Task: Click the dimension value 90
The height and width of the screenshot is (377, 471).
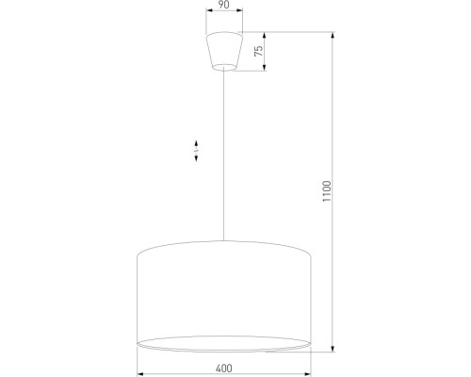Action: point(222,7)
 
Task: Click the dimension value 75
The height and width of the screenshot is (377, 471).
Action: point(257,51)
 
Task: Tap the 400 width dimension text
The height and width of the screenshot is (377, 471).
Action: point(223,367)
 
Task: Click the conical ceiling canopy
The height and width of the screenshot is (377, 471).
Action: point(223,51)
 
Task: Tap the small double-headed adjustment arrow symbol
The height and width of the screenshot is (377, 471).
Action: point(196,152)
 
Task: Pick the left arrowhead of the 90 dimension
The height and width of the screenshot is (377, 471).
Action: point(206,16)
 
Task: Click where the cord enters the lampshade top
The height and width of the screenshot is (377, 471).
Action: point(223,241)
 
